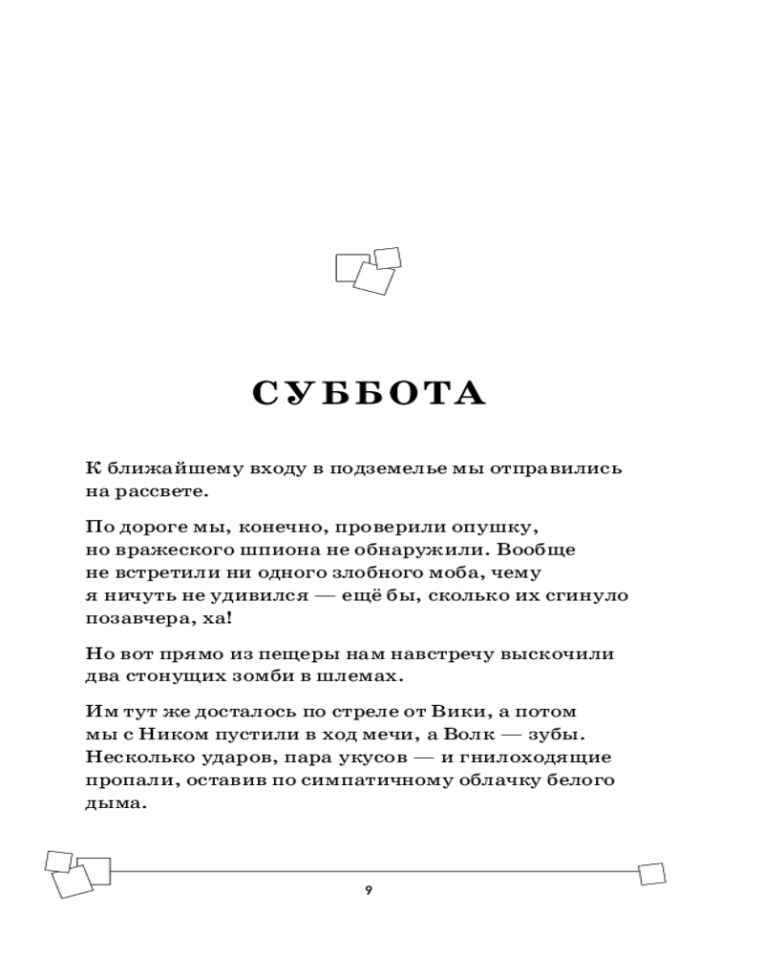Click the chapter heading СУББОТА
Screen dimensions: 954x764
[x=370, y=393]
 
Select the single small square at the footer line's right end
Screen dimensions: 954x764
[x=651, y=873]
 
